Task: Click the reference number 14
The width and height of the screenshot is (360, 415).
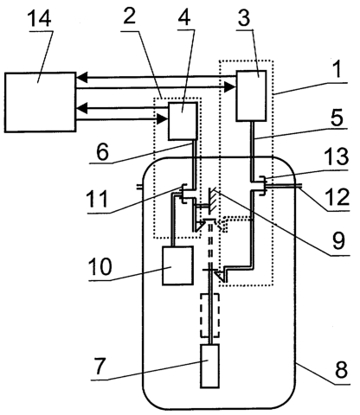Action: click(x=39, y=17)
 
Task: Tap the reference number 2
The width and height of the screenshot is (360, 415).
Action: click(x=129, y=16)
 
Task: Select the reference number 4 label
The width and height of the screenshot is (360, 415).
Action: click(x=184, y=16)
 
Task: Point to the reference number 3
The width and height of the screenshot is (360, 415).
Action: click(x=244, y=17)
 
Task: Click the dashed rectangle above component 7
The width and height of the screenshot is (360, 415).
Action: click(x=201, y=315)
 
